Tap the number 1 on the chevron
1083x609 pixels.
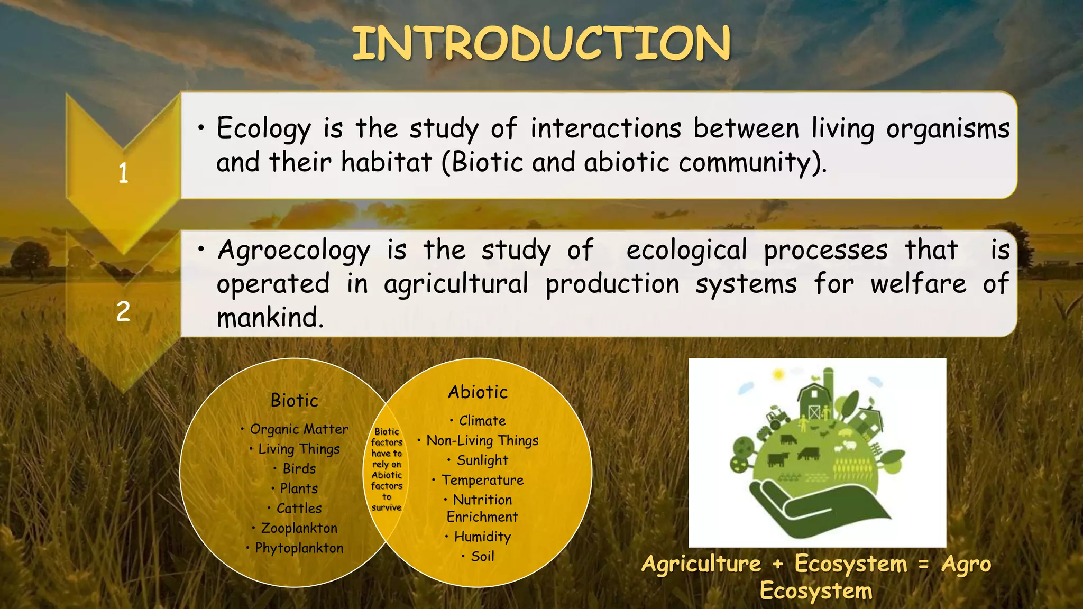(x=123, y=173)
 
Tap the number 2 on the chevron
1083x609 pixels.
(x=123, y=311)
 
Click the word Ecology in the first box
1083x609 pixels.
(x=263, y=128)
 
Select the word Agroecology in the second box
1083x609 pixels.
(x=293, y=251)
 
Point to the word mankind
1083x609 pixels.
(x=270, y=318)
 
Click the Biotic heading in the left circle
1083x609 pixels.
(x=294, y=401)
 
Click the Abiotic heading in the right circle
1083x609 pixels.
(x=478, y=392)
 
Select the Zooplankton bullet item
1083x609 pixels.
(x=299, y=528)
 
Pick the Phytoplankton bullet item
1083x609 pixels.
(x=299, y=548)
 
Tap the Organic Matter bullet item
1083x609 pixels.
(x=299, y=429)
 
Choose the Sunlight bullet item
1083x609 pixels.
(x=482, y=460)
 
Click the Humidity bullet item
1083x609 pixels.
(x=482, y=537)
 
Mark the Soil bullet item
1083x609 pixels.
(x=482, y=557)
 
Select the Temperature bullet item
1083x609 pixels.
(x=482, y=480)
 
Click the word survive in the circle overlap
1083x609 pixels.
(x=387, y=508)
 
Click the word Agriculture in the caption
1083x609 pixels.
(x=701, y=564)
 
